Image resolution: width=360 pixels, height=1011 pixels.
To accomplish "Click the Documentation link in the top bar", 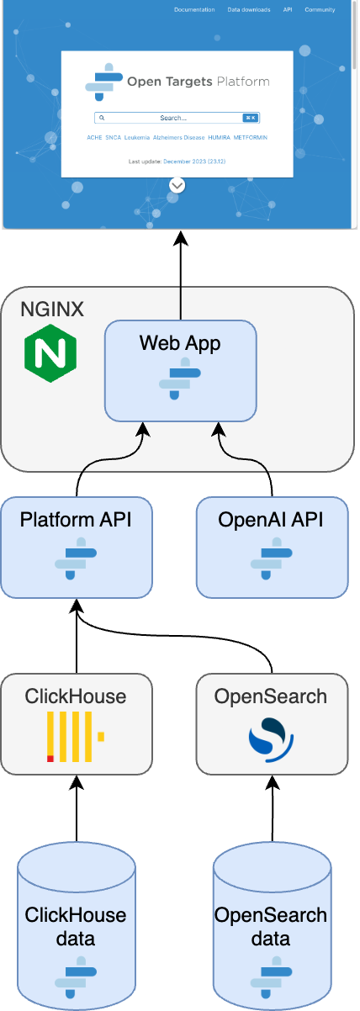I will [x=195, y=10].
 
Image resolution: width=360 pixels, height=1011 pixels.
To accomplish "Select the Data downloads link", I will [x=249, y=10].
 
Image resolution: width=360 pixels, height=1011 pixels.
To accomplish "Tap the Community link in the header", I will [x=319, y=10].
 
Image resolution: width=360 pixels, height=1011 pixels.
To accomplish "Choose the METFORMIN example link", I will [x=251, y=137].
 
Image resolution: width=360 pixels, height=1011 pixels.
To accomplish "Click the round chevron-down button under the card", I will [x=177, y=185].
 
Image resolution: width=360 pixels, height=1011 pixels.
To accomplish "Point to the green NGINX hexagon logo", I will [x=50, y=352].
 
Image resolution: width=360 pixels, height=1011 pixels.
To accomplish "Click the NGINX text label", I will [x=52, y=310].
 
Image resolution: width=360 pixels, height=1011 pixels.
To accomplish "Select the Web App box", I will [x=181, y=370].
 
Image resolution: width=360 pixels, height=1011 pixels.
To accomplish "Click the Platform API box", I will [x=76, y=547].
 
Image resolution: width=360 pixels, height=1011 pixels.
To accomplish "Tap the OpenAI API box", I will [x=271, y=547].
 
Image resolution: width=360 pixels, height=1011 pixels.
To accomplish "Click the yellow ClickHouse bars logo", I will [x=75, y=737].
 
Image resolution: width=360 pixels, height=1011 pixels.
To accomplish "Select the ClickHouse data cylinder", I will [x=76, y=925].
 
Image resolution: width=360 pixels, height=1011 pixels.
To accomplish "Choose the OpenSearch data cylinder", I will [x=271, y=925].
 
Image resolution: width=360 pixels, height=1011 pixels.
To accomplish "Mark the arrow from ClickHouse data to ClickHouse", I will [x=76, y=807].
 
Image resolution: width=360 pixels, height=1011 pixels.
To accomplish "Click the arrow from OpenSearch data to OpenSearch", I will [x=271, y=807].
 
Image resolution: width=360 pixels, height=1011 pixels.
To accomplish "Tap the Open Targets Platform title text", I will [x=198, y=82].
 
